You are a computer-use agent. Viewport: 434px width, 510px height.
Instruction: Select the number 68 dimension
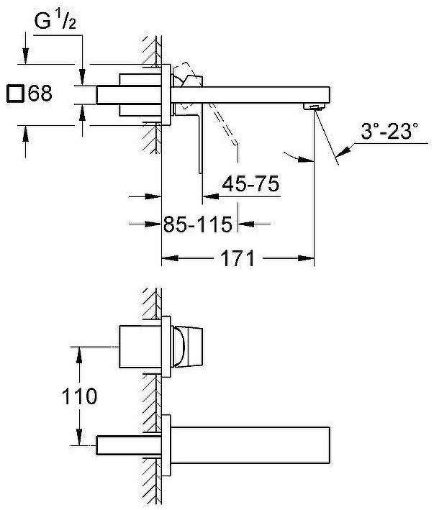(41, 94)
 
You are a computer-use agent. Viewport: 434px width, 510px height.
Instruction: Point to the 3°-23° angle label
(389, 132)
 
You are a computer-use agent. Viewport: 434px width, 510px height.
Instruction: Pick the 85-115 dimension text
(198, 224)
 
